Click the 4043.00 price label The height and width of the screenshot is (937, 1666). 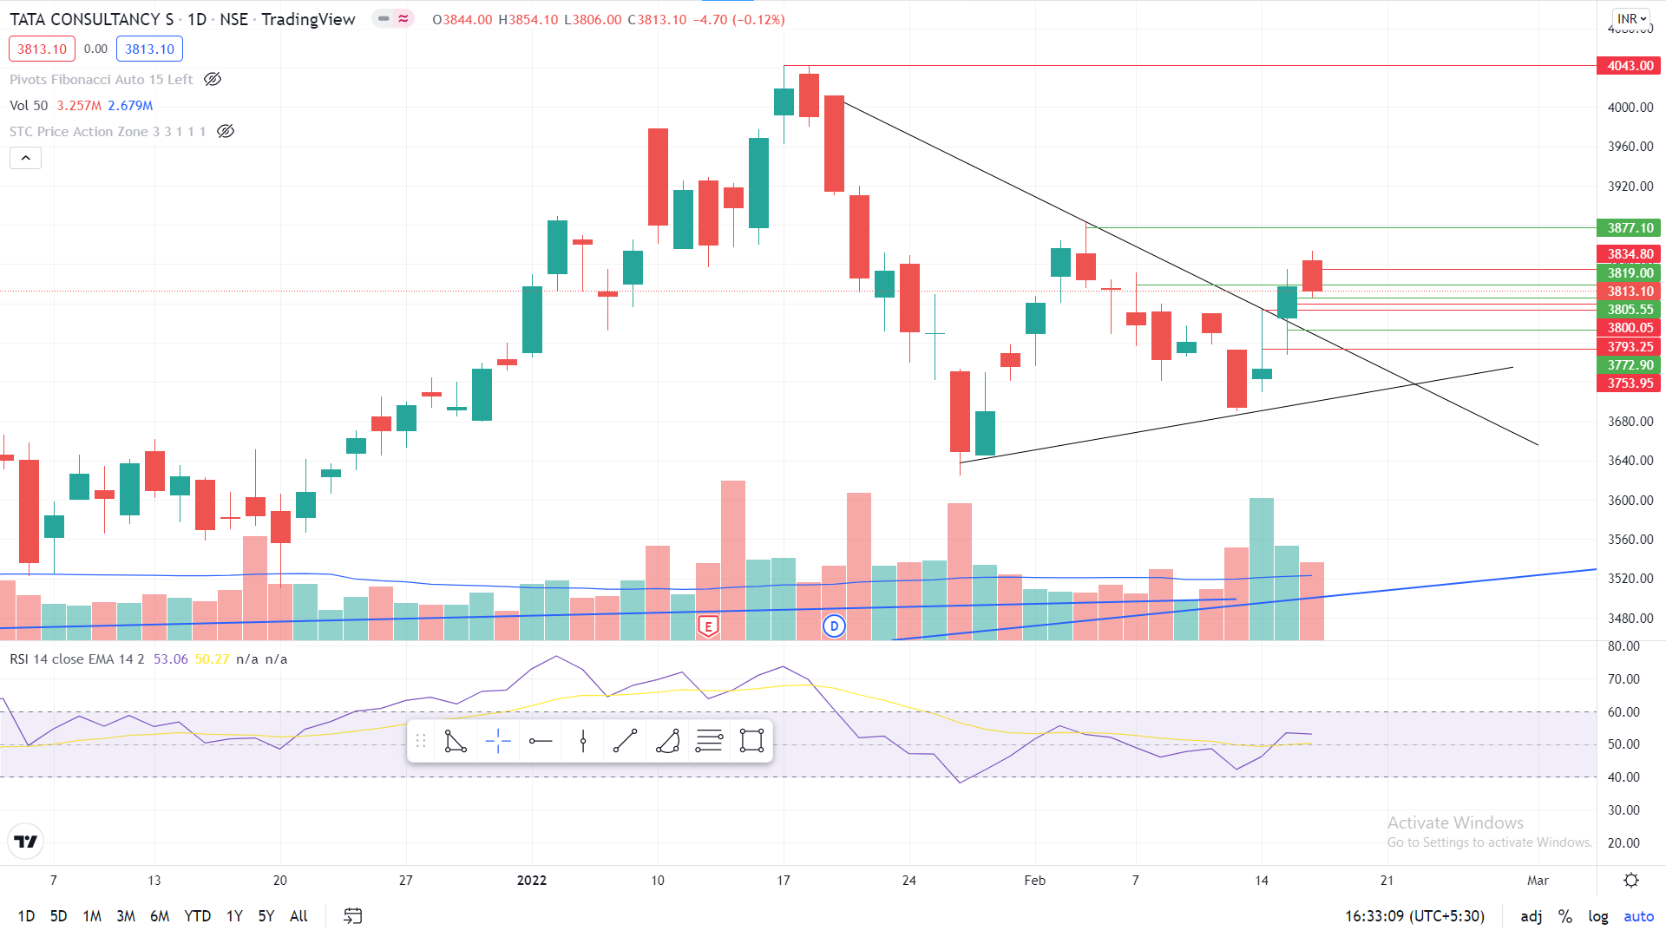click(1629, 66)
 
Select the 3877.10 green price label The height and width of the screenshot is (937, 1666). click(1629, 228)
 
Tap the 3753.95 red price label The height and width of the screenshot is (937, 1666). click(1629, 383)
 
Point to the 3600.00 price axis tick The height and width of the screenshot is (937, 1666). click(1630, 501)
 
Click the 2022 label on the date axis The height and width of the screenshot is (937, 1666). click(531, 881)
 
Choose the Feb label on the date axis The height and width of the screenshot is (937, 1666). click(1034, 881)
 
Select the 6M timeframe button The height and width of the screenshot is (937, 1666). click(160, 916)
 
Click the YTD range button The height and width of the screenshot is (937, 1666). click(197, 916)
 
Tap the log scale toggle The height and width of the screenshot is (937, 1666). click(1597, 916)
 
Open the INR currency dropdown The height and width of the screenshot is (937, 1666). click(1631, 19)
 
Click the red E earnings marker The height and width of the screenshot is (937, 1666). click(708, 626)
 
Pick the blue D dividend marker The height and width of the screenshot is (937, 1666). click(834, 626)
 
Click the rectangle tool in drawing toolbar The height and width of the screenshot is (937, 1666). click(751, 741)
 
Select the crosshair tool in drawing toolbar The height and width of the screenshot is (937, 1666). click(498, 741)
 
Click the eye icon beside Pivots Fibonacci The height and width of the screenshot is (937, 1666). click(213, 80)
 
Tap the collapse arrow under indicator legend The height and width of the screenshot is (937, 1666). click(26, 158)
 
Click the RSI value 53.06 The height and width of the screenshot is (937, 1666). click(170, 659)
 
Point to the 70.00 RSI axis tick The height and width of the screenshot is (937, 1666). click(1623, 679)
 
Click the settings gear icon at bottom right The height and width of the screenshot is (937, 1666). click(1631, 881)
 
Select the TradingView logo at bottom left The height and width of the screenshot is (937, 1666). click(26, 842)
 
